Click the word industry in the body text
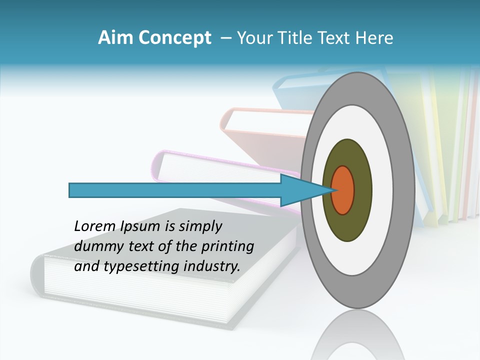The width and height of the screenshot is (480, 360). point(212,266)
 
